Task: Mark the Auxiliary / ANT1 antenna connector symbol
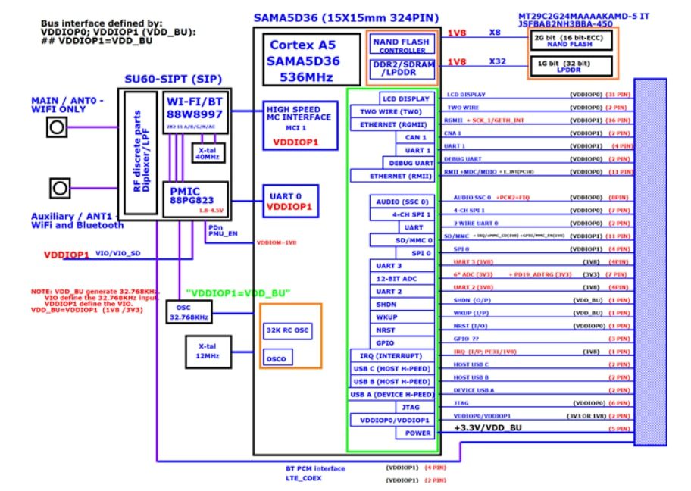pos(57,186)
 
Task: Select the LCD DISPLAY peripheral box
pos(405,99)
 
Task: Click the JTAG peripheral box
pos(414,407)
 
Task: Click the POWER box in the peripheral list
pos(414,433)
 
